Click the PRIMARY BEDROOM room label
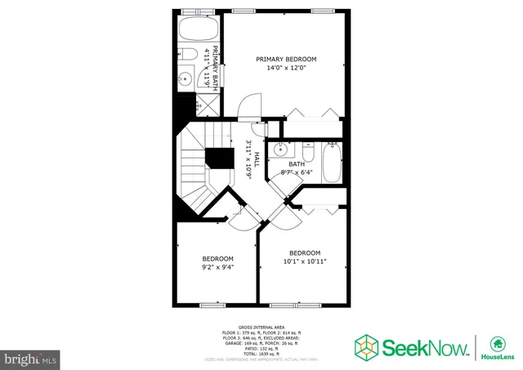[285, 59]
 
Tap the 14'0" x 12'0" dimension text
[285, 69]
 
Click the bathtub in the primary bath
[196, 31]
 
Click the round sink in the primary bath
[186, 79]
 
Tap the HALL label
[257, 159]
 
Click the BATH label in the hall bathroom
[297, 163]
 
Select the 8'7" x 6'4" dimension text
[297, 172]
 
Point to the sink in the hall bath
[281, 149]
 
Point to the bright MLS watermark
[31, 359]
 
